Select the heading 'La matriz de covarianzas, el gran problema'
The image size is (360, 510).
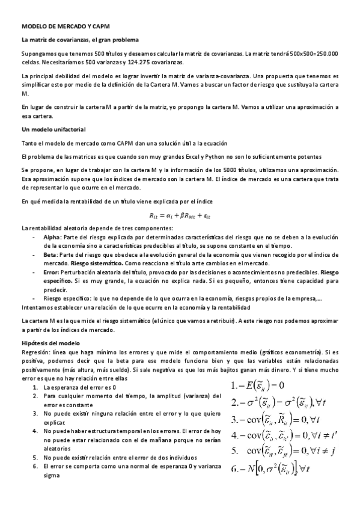point(80,40)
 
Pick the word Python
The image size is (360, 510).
point(233,156)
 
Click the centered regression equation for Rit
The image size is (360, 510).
point(180,215)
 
